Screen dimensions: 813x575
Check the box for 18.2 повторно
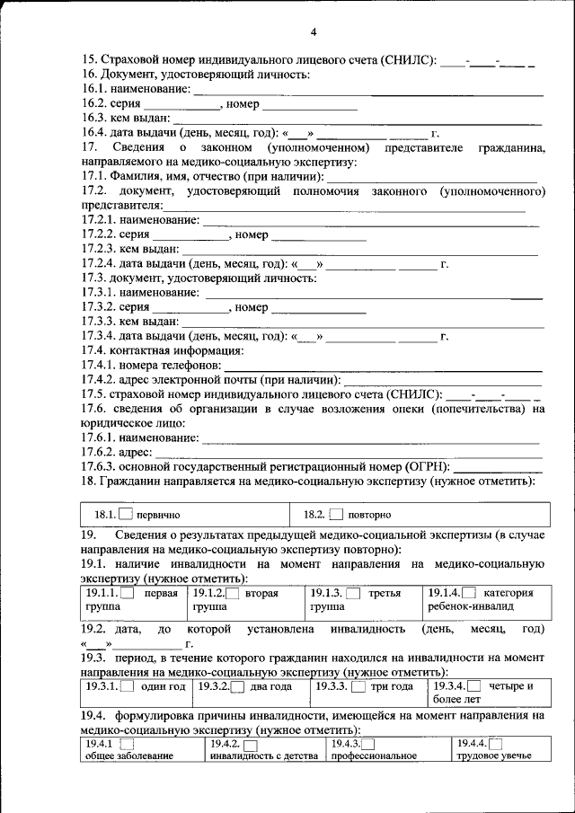tap(336, 515)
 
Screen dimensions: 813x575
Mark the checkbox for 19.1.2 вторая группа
tap(233, 594)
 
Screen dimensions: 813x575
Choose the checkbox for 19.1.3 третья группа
tap(353, 594)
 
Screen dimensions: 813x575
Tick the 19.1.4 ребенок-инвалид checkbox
tap(471, 594)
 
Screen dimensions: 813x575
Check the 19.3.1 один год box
tap(127, 687)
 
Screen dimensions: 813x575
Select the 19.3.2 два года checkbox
tap(238, 687)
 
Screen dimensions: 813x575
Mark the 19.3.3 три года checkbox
tap(358, 687)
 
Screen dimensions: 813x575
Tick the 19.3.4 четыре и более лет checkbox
tap(473, 687)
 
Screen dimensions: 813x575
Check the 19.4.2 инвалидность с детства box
tap(250, 745)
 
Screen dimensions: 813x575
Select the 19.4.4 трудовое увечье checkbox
tap(495, 744)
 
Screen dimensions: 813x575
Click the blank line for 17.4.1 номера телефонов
tap(383, 369)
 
